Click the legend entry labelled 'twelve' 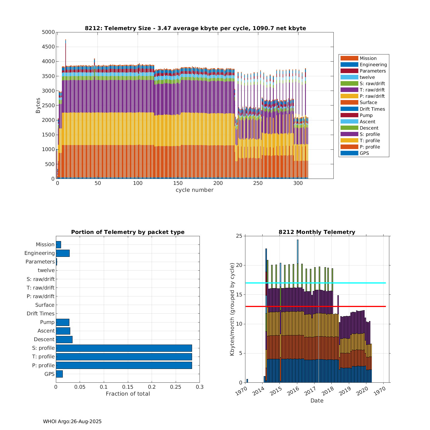click(367, 77)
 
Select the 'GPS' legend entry click(364, 153)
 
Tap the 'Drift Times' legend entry click(372, 109)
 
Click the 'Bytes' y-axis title click(38, 105)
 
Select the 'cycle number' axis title click(194, 190)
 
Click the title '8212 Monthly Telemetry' click(317, 232)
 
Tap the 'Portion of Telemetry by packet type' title click(128, 232)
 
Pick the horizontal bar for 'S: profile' click(124, 348)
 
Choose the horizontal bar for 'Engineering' click(62, 253)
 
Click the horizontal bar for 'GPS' click(59, 374)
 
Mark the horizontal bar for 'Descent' click(64, 339)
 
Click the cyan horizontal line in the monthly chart click(358, 283)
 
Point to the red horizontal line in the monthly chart click(358, 306)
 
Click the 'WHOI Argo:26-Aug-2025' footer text click(72, 421)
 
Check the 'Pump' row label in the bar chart click(47, 322)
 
